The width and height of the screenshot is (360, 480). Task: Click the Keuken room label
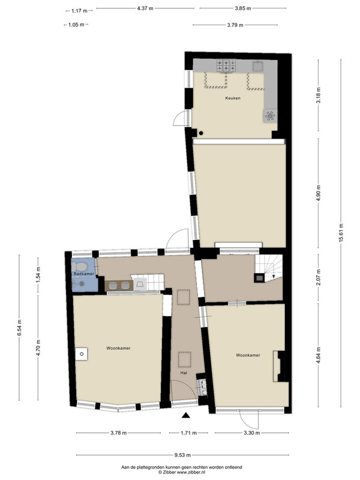tap(233, 98)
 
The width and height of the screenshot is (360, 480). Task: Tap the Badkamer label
tap(84, 274)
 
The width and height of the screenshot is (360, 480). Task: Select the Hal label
tap(184, 373)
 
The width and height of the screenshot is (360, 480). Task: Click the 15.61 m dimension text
tap(341, 233)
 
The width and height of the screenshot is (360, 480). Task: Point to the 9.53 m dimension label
tap(182, 455)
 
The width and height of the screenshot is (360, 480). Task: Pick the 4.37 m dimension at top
tap(145, 8)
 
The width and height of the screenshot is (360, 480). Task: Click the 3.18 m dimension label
tap(319, 95)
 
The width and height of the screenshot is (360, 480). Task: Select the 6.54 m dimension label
tap(19, 328)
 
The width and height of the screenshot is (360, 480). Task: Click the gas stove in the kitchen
tap(226, 65)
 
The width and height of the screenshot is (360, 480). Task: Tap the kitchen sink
tap(257, 65)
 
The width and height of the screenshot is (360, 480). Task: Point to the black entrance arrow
tap(185, 415)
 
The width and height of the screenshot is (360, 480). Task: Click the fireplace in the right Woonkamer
tap(279, 366)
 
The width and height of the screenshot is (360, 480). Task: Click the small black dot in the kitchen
tap(201, 133)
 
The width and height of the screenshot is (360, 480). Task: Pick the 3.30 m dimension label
tap(252, 433)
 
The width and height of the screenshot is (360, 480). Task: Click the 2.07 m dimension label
tap(319, 277)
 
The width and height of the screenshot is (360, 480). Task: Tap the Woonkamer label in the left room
tap(118, 348)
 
